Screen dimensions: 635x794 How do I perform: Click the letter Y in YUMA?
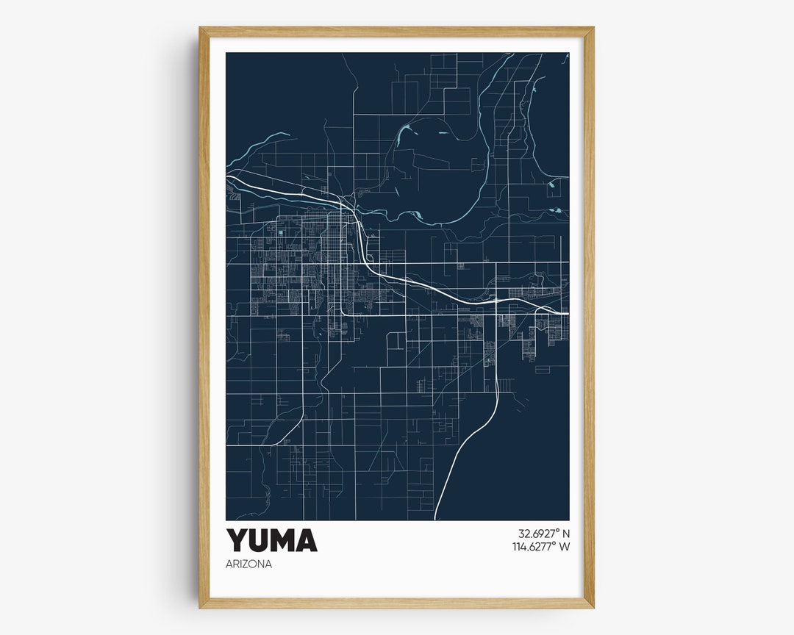(x=237, y=540)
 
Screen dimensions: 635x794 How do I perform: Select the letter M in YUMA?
(x=284, y=540)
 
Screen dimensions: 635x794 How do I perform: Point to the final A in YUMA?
(x=307, y=540)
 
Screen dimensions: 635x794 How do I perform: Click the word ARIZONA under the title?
(x=249, y=564)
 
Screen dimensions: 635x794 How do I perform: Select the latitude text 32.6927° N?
(x=543, y=534)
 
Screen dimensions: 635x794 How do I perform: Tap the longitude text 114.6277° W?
(x=541, y=546)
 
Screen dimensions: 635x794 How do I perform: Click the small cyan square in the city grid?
(x=281, y=233)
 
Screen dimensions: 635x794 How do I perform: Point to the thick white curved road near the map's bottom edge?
(x=450, y=470)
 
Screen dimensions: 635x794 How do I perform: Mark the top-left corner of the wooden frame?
(x=201, y=29)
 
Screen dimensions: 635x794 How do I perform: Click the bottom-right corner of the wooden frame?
(x=592, y=606)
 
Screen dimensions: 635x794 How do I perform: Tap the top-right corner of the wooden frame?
(x=592, y=29)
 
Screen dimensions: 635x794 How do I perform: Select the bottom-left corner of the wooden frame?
(x=201, y=606)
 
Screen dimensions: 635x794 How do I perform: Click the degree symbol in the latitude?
(x=555, y=530)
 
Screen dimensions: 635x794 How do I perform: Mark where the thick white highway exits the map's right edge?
(x=567, y=314)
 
